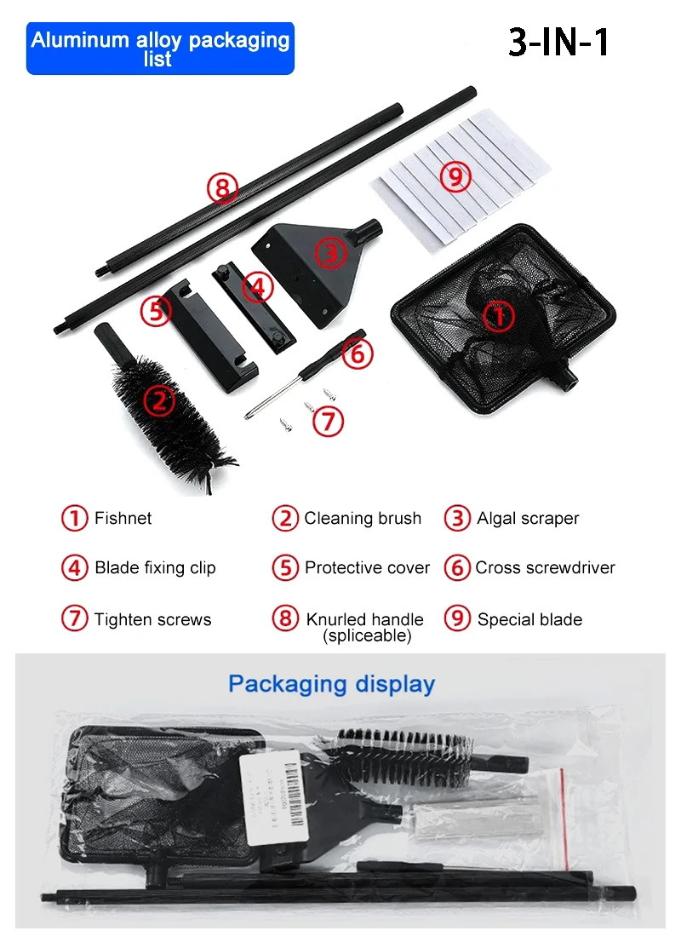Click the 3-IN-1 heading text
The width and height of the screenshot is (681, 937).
[559, 43]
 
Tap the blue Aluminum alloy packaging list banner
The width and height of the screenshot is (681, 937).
[160, 49]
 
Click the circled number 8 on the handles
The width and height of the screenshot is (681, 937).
[222, 187]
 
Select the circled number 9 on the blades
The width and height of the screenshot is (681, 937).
[456, 176]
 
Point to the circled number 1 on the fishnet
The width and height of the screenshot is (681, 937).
[499, 316]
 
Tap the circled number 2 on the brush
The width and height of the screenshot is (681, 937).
[158, 400]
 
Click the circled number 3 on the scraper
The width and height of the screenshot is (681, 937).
[330, 253]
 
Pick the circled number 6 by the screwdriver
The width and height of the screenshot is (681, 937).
[358, 353]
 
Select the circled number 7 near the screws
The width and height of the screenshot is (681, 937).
[329, 422]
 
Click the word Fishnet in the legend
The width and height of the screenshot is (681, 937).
[123, 518]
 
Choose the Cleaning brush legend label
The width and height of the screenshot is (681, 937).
[363, 518]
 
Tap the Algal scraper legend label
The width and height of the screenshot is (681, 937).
[528, 518]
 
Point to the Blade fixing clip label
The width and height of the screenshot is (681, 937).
[155, 568]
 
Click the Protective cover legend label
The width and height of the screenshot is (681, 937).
[367, 568]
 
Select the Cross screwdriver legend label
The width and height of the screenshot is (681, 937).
[545, 568]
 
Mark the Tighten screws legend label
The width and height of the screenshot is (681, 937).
[152, 619]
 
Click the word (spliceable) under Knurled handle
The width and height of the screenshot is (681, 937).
[367, 635]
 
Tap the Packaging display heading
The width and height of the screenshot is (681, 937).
[331, 684]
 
